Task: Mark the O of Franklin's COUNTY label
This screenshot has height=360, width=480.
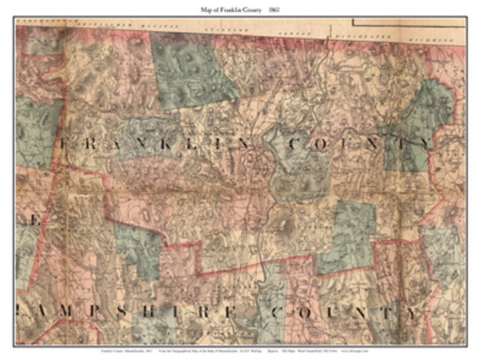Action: pos(323,144)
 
